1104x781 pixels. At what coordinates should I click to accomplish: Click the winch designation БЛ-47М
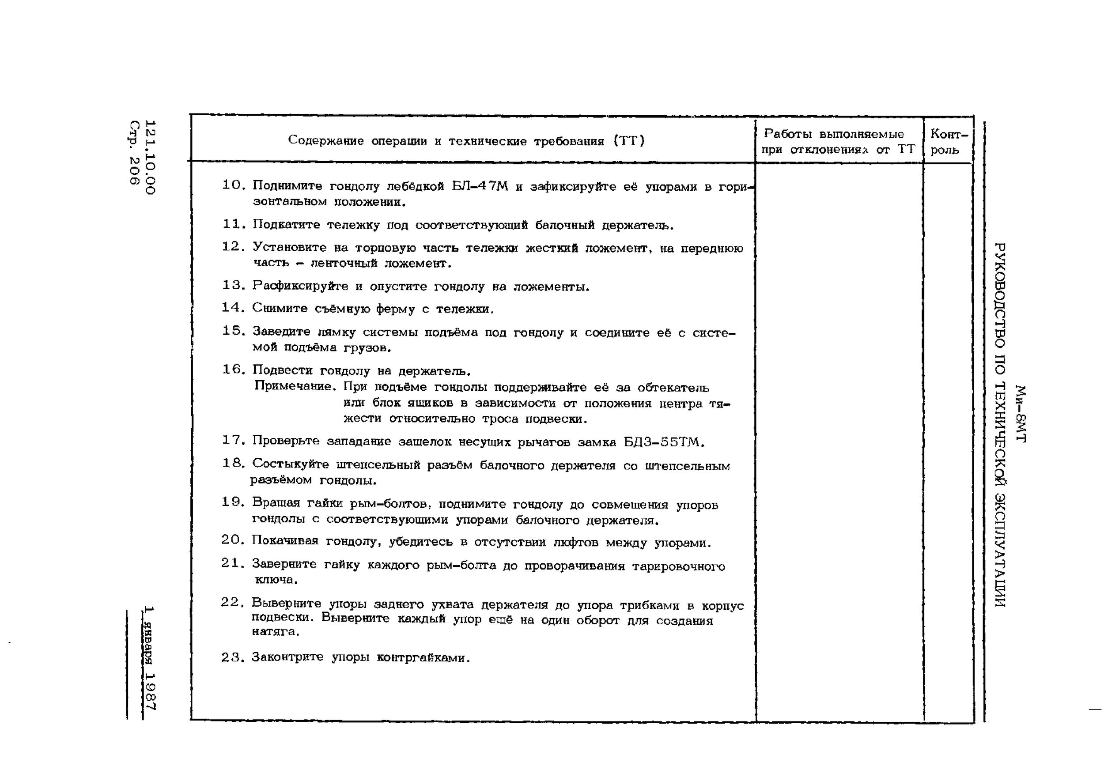coord(480,186)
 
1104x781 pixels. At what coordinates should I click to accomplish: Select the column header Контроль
coord(948,141)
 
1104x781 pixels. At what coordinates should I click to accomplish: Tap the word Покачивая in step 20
coord(285,541)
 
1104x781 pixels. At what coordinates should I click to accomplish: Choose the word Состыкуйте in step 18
coord(291,464)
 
